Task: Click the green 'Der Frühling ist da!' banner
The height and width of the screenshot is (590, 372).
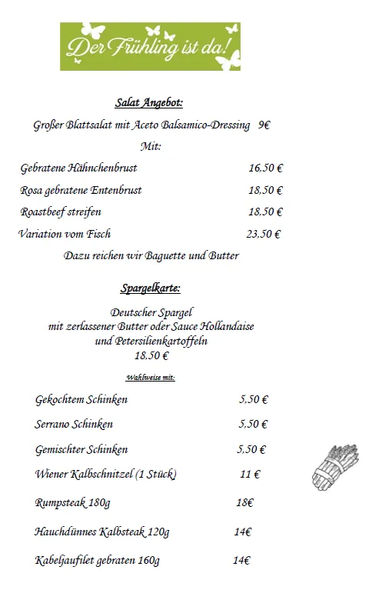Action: click(x=151, y=46)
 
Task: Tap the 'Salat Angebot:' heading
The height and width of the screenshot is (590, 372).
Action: click(x=149, y=102)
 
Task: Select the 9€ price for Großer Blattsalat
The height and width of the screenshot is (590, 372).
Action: click(x=264, y=125)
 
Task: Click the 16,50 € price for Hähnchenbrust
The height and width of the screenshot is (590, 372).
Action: click(x=265, y=168)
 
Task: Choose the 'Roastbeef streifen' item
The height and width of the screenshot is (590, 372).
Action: click(x=61, y=212)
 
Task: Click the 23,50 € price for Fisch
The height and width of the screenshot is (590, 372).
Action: click(x=263, y=234)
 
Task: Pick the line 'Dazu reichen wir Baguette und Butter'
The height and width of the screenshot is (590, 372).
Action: click(x=151, y=255)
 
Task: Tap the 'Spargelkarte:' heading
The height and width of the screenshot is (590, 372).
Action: click(x=150, y=289)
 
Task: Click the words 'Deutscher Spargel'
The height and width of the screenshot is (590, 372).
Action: click(x=151, y=312)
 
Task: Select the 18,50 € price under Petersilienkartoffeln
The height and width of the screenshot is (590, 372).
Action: click(x=151, y=355)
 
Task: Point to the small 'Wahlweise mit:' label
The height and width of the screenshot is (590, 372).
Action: click(x=151, y=378)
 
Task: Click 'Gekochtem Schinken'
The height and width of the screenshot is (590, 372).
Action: click(x=81, y=400)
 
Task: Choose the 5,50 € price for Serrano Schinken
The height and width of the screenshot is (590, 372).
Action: click(x=253, y=424)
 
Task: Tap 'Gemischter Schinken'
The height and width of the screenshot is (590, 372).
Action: click(x=81, y=449)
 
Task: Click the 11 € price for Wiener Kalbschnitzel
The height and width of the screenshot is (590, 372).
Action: click(x=250, y=475)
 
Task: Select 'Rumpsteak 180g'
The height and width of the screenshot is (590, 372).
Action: click(x=73, y=503)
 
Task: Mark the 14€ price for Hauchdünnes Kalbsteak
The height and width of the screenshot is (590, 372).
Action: click(x=243, y=532)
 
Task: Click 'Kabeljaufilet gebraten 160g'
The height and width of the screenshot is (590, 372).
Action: click(x=98, y=560)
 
